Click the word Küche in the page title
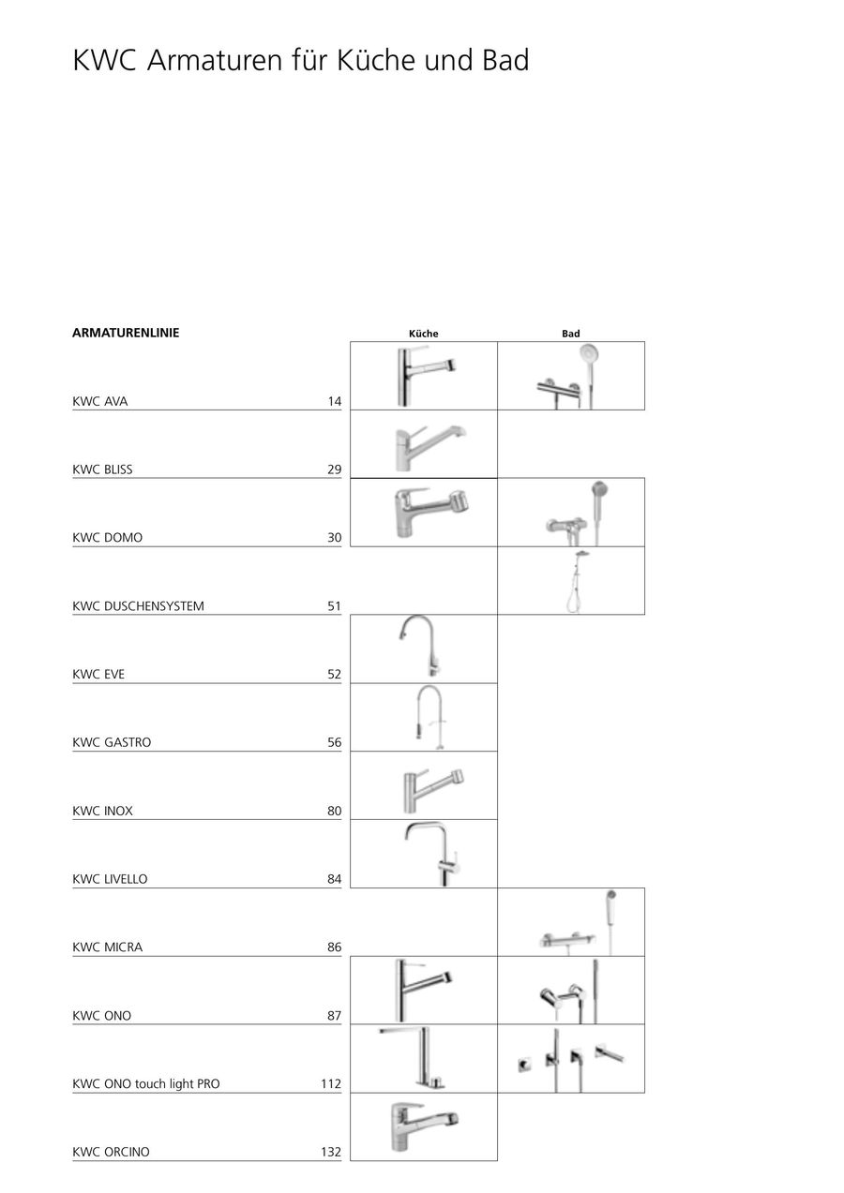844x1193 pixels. point(376,60)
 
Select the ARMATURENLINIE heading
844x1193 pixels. point(126,333)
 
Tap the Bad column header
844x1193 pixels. point(571,334)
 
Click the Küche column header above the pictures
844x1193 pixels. point(424,334)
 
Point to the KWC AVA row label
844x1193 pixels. point(100,402)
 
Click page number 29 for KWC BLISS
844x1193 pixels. point(334,470)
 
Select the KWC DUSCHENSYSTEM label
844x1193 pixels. point(138,606)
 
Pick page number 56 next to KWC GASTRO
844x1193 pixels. point(334,742)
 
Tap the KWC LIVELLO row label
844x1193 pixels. point(110,879)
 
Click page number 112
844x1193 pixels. point(331,1083)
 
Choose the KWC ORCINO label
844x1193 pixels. point(111,1152)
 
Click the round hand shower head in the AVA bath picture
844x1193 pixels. point(590,352)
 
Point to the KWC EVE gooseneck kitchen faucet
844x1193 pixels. point(419,646)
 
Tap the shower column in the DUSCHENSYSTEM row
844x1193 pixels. point(578,580)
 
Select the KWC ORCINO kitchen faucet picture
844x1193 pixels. point(425,1126)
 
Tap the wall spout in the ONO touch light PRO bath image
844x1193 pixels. point(610,1053)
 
